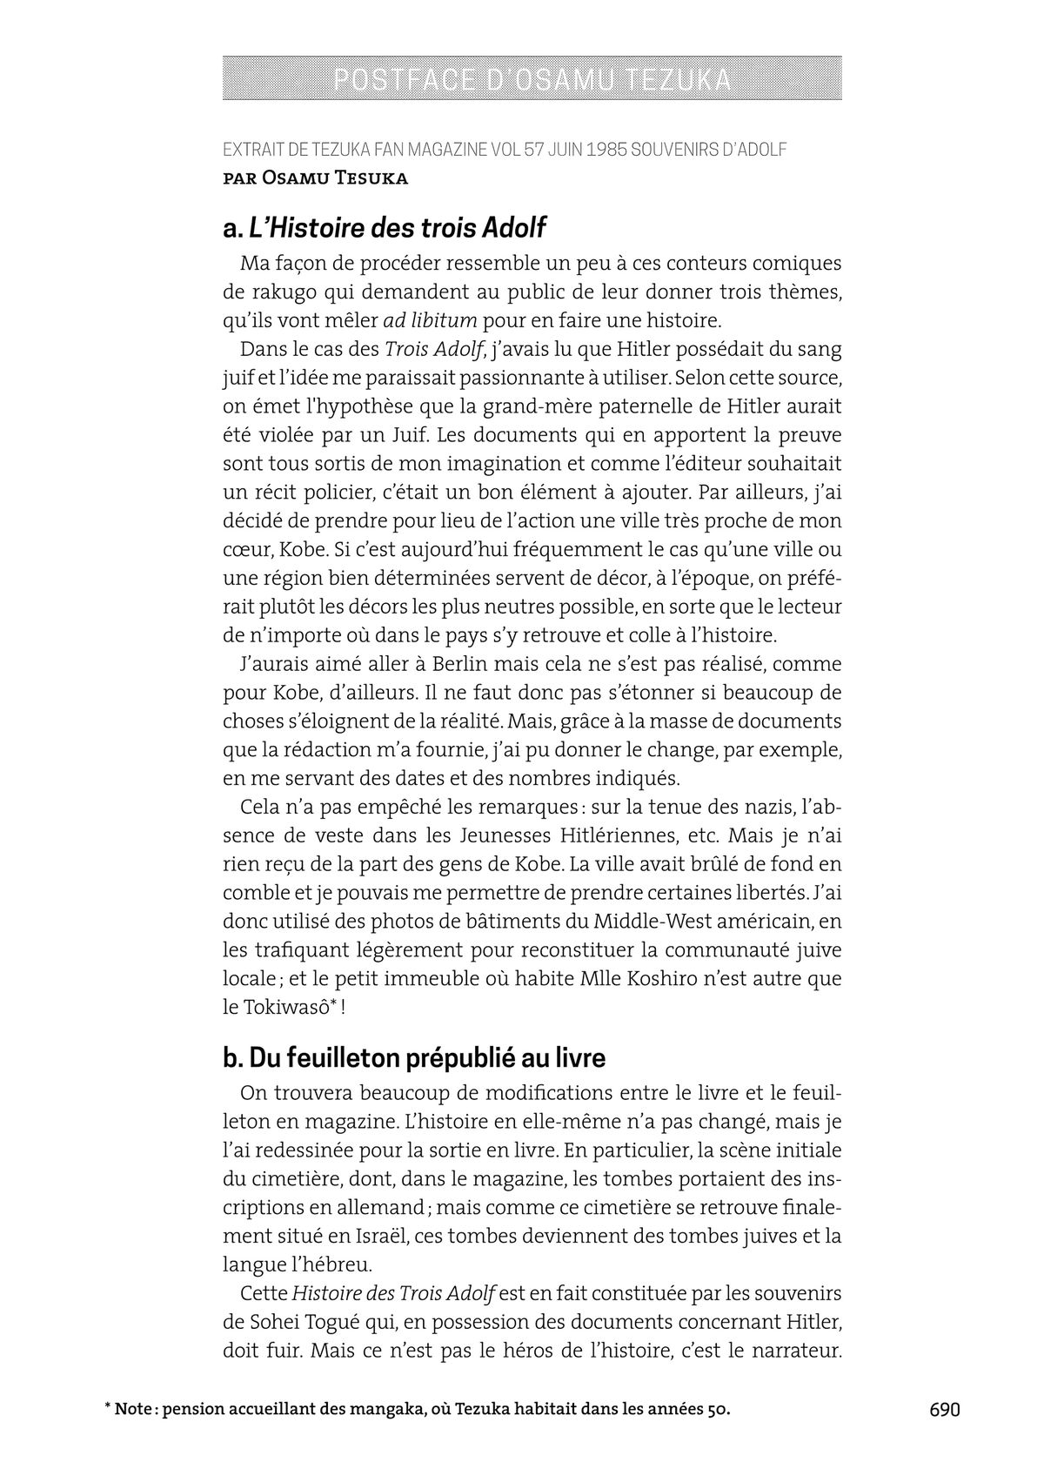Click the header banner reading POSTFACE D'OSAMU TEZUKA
click(x=532, y=78)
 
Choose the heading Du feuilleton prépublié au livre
click(x=426, y=1057)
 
